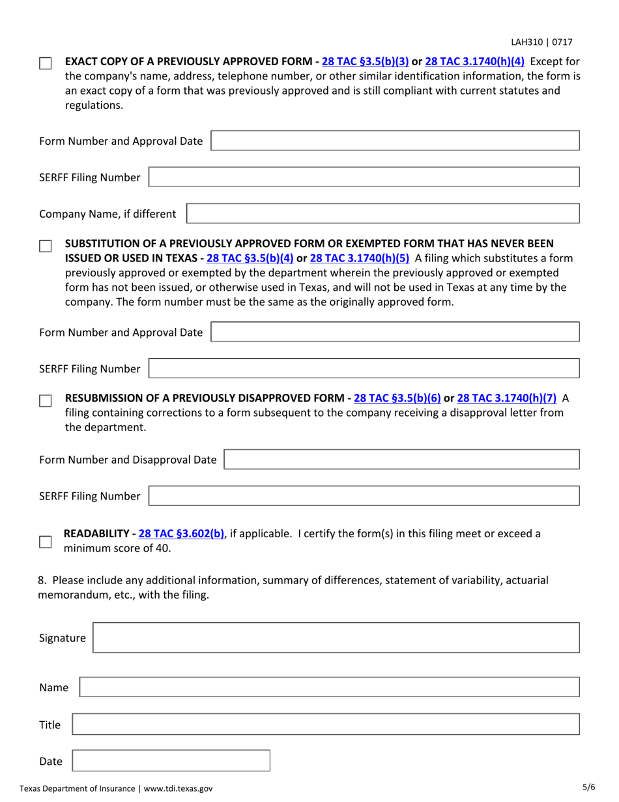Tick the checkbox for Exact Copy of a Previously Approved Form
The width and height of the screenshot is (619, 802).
click(45, 64)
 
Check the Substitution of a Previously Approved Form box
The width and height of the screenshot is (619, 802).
click(45, 246)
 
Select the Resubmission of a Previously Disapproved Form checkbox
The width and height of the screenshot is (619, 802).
click(45, 400)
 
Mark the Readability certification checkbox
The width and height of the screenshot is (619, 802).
click(45, 542)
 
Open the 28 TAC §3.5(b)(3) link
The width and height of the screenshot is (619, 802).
click(366, 62)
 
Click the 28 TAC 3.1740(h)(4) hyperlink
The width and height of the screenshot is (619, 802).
click(474, 62)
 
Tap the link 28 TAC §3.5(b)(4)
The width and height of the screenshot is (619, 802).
click(250, 258)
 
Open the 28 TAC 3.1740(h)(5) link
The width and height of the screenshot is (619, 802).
click(360, 258)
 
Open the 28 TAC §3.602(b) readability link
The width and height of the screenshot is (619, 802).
click(182, 533)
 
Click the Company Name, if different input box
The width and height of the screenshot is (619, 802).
click(383, 214)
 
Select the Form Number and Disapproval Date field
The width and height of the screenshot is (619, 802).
click(401, 459)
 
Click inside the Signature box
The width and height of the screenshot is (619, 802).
click(336, 638)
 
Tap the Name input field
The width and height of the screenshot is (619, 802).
click(329, 687)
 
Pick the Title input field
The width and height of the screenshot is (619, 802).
click(325, 724)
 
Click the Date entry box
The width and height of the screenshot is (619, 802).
click(170, 761)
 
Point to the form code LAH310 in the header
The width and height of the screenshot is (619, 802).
click(526, 42)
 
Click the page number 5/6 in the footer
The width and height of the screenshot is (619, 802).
click(588, 788)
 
